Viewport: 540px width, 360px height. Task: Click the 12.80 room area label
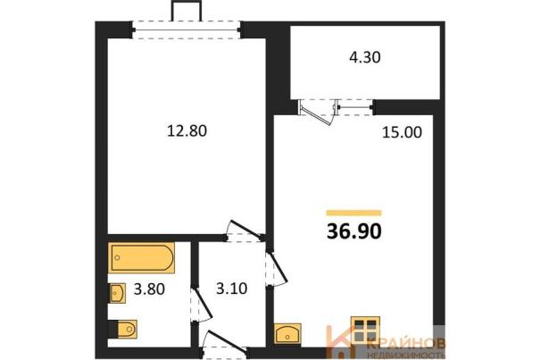(x=187, y=131)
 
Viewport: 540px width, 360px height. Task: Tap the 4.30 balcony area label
(x=365, y=57)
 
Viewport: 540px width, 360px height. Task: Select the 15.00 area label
(x=402, y=132)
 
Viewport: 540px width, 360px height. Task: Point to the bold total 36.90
(x=354, y=231)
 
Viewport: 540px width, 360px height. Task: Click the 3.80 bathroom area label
(x=149, y=289)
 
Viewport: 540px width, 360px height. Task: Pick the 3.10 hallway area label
(x=232, y=289)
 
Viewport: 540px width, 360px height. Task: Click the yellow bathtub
(x=141, y=257)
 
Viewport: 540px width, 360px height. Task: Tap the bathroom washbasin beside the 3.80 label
(x=118, y=293)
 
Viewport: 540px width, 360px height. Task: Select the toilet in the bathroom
(x=125, y=329)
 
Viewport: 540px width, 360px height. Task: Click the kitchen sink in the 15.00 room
(x=287, y=333)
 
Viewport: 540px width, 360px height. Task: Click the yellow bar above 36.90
(x=354, y=213)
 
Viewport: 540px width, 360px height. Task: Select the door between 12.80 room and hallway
(x=245, y=230)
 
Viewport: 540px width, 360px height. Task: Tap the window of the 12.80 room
(x=187, y=30)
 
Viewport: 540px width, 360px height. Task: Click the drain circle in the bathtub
(x=118, y=257)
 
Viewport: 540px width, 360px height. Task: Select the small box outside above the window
(x=187, y=11)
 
